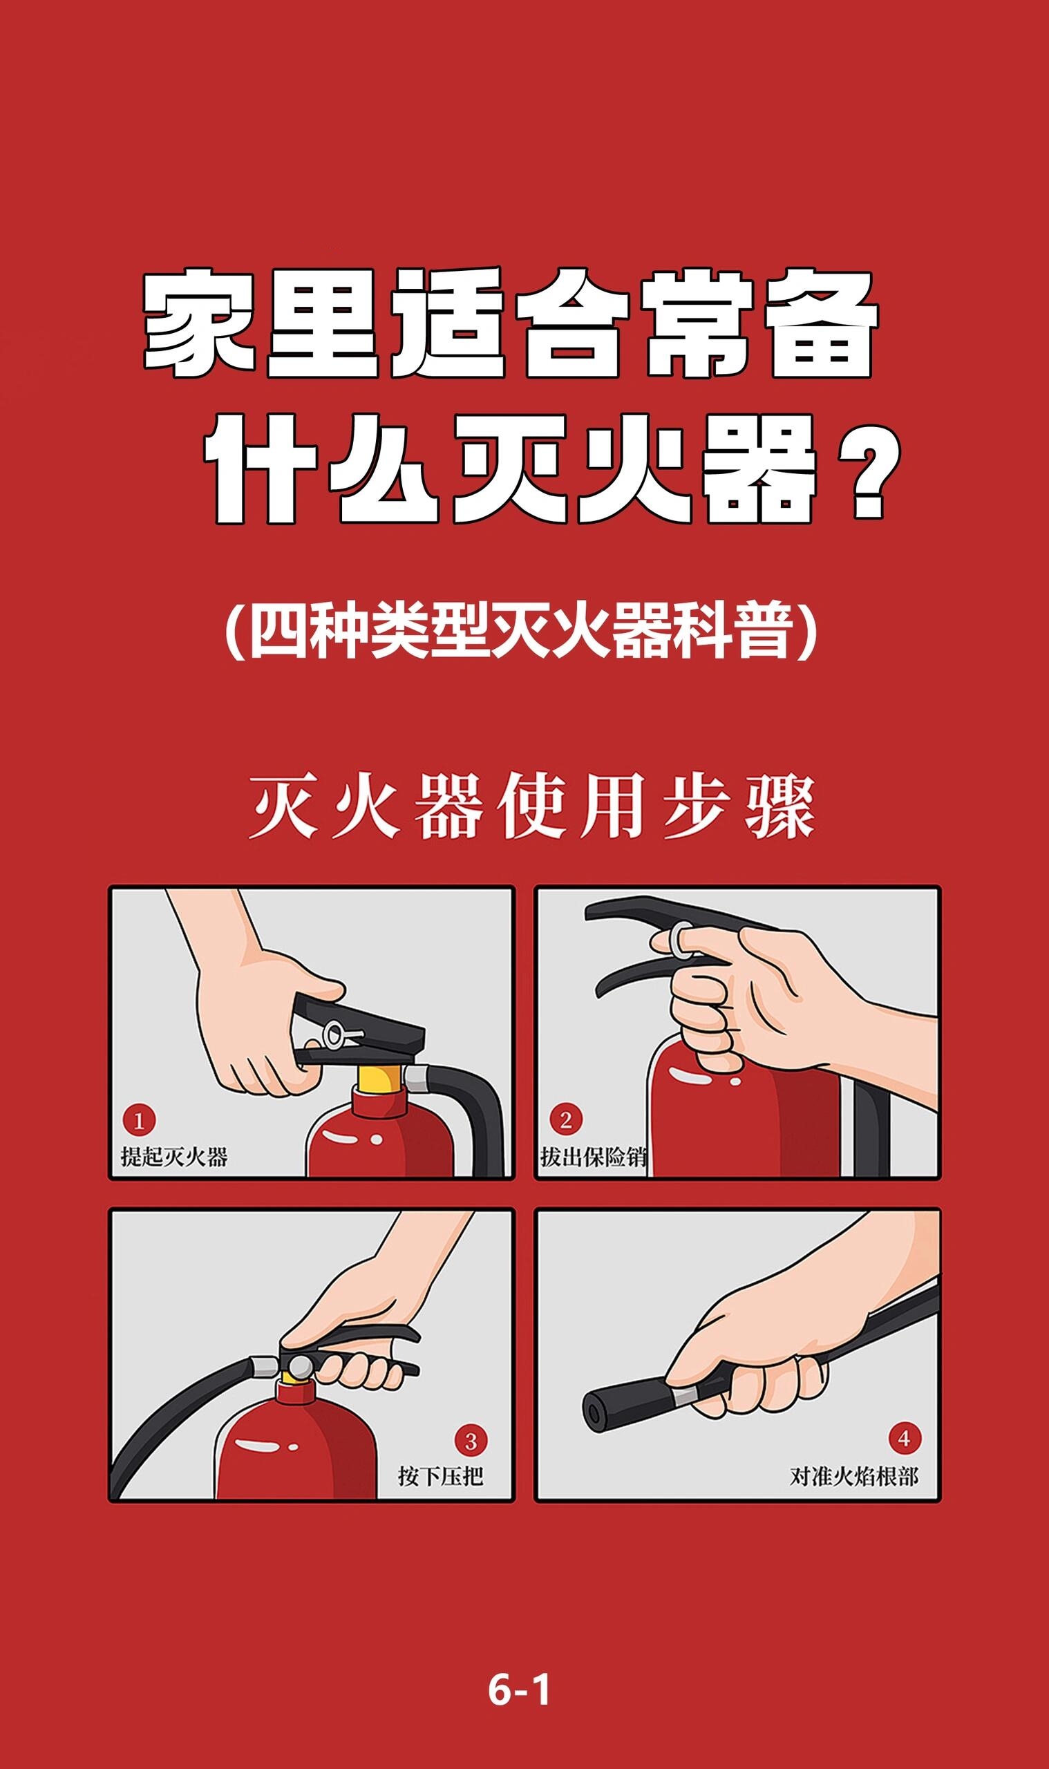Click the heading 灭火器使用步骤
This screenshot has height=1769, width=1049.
tap(532, 806)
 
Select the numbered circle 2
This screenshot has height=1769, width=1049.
tap(565, 1119)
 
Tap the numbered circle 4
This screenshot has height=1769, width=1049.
tap(904, 1439)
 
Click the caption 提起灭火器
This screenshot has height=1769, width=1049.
tap(174, 1157)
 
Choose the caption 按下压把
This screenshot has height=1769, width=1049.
tap(441, 1477)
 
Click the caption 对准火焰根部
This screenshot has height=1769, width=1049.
tap(854, 1477)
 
